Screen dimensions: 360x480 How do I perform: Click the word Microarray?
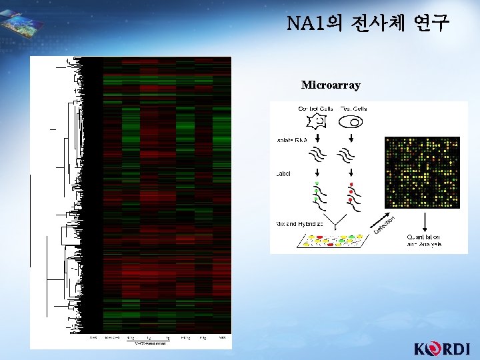tap(331, 85)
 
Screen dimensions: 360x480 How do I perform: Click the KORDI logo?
tap(442, 348)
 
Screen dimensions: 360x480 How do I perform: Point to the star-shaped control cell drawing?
tap(318, 122)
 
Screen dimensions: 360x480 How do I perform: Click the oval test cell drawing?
tap(351, 122)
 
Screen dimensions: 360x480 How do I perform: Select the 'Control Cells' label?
tap(316, 108)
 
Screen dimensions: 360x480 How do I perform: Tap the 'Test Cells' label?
tap(354, 108)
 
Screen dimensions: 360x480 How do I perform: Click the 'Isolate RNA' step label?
tap(286, 141)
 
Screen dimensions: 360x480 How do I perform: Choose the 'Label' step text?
tap(283, 173)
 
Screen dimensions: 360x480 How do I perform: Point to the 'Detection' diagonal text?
tap(385, 224)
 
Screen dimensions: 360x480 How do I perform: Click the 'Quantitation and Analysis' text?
tap(423, 241)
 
